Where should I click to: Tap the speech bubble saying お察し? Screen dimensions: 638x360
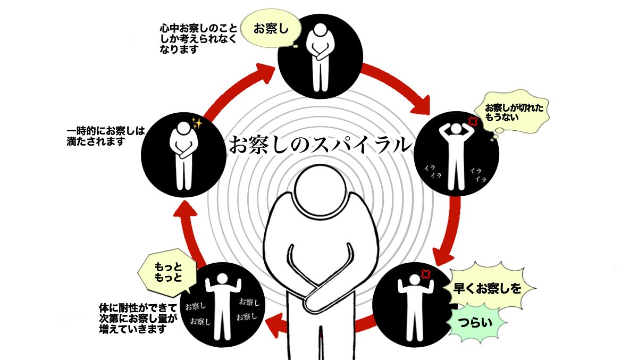(x=270, y=29)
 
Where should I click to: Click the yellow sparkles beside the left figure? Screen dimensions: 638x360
(x=197, y=123)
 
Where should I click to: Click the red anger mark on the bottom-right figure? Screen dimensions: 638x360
(x=425, y=274)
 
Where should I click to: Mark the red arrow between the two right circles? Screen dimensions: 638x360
(x=449, y=229)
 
